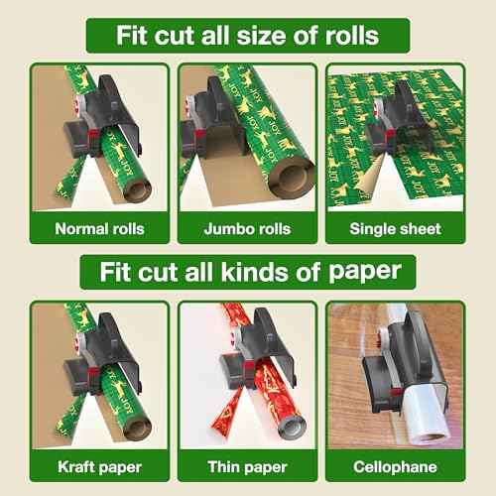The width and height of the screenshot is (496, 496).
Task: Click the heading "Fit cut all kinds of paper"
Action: click(247, 270)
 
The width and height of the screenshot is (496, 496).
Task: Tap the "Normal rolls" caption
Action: click(99, 228)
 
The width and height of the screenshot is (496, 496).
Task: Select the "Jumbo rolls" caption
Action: click(247, 228)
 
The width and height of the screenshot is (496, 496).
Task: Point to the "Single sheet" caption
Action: click(395, 228)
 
